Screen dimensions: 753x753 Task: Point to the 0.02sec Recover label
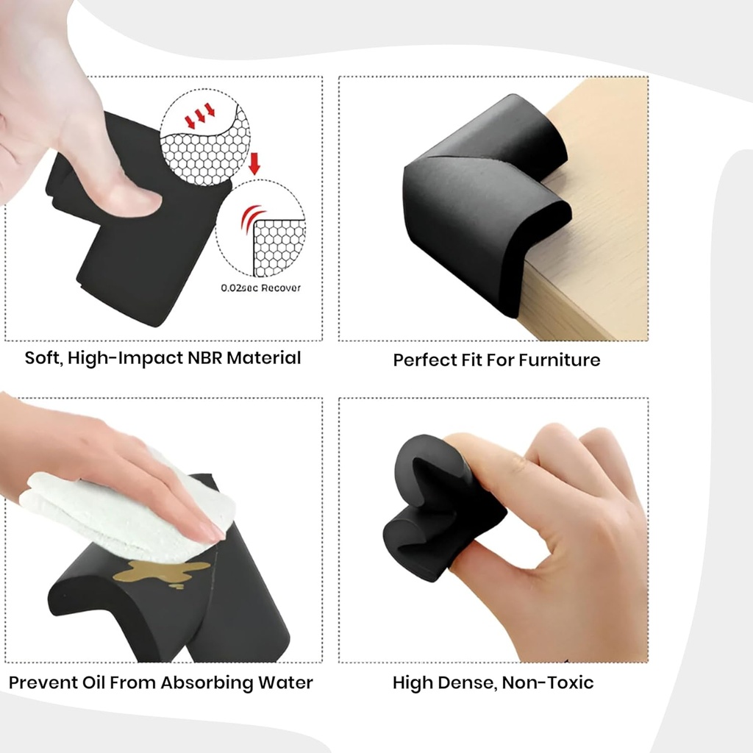point(260,288)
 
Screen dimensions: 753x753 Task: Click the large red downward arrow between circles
point(254,163)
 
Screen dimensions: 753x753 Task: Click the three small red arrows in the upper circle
point(199,115)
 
